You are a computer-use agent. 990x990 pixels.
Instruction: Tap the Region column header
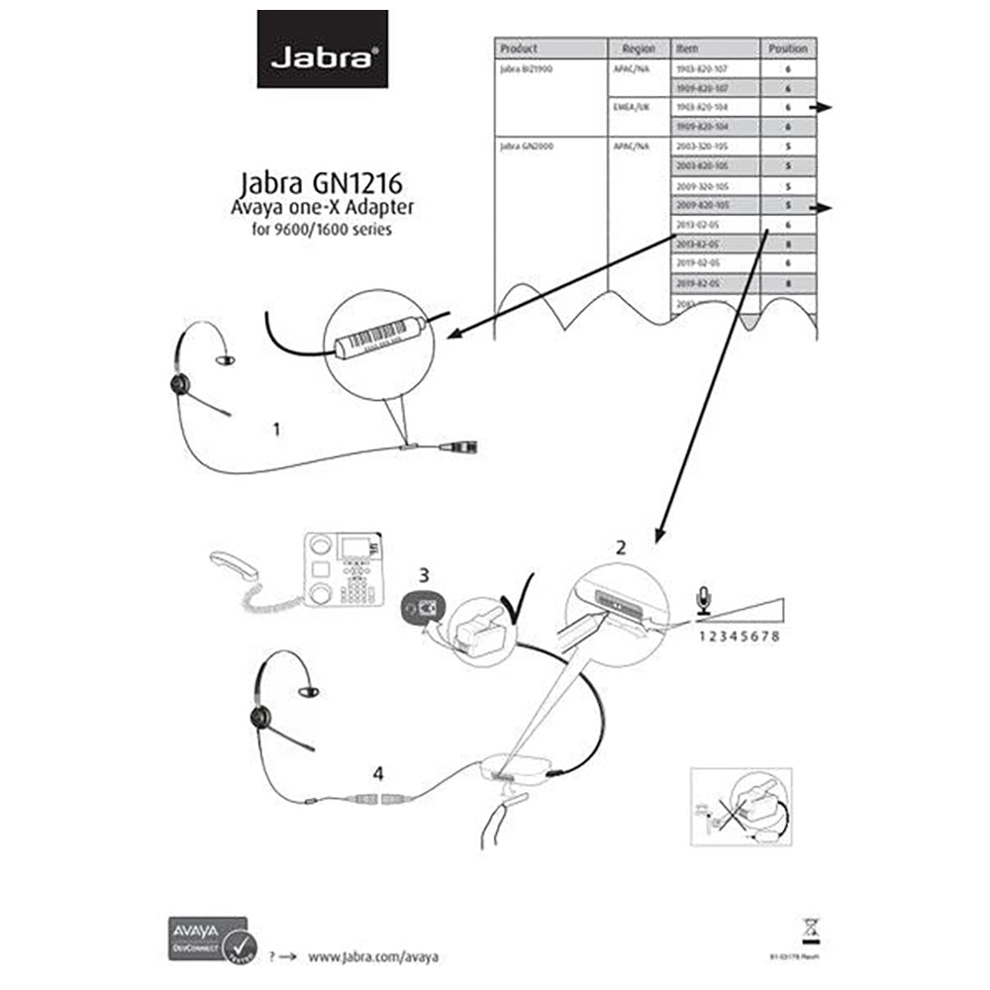coord(639,48)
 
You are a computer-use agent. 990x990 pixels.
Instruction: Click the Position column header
coord(788,48)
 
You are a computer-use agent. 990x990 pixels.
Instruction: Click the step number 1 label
coord(277,430)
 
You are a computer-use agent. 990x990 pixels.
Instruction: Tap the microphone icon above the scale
coord(704,597)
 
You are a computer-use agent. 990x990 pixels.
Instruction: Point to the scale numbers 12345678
coord(740,636)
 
